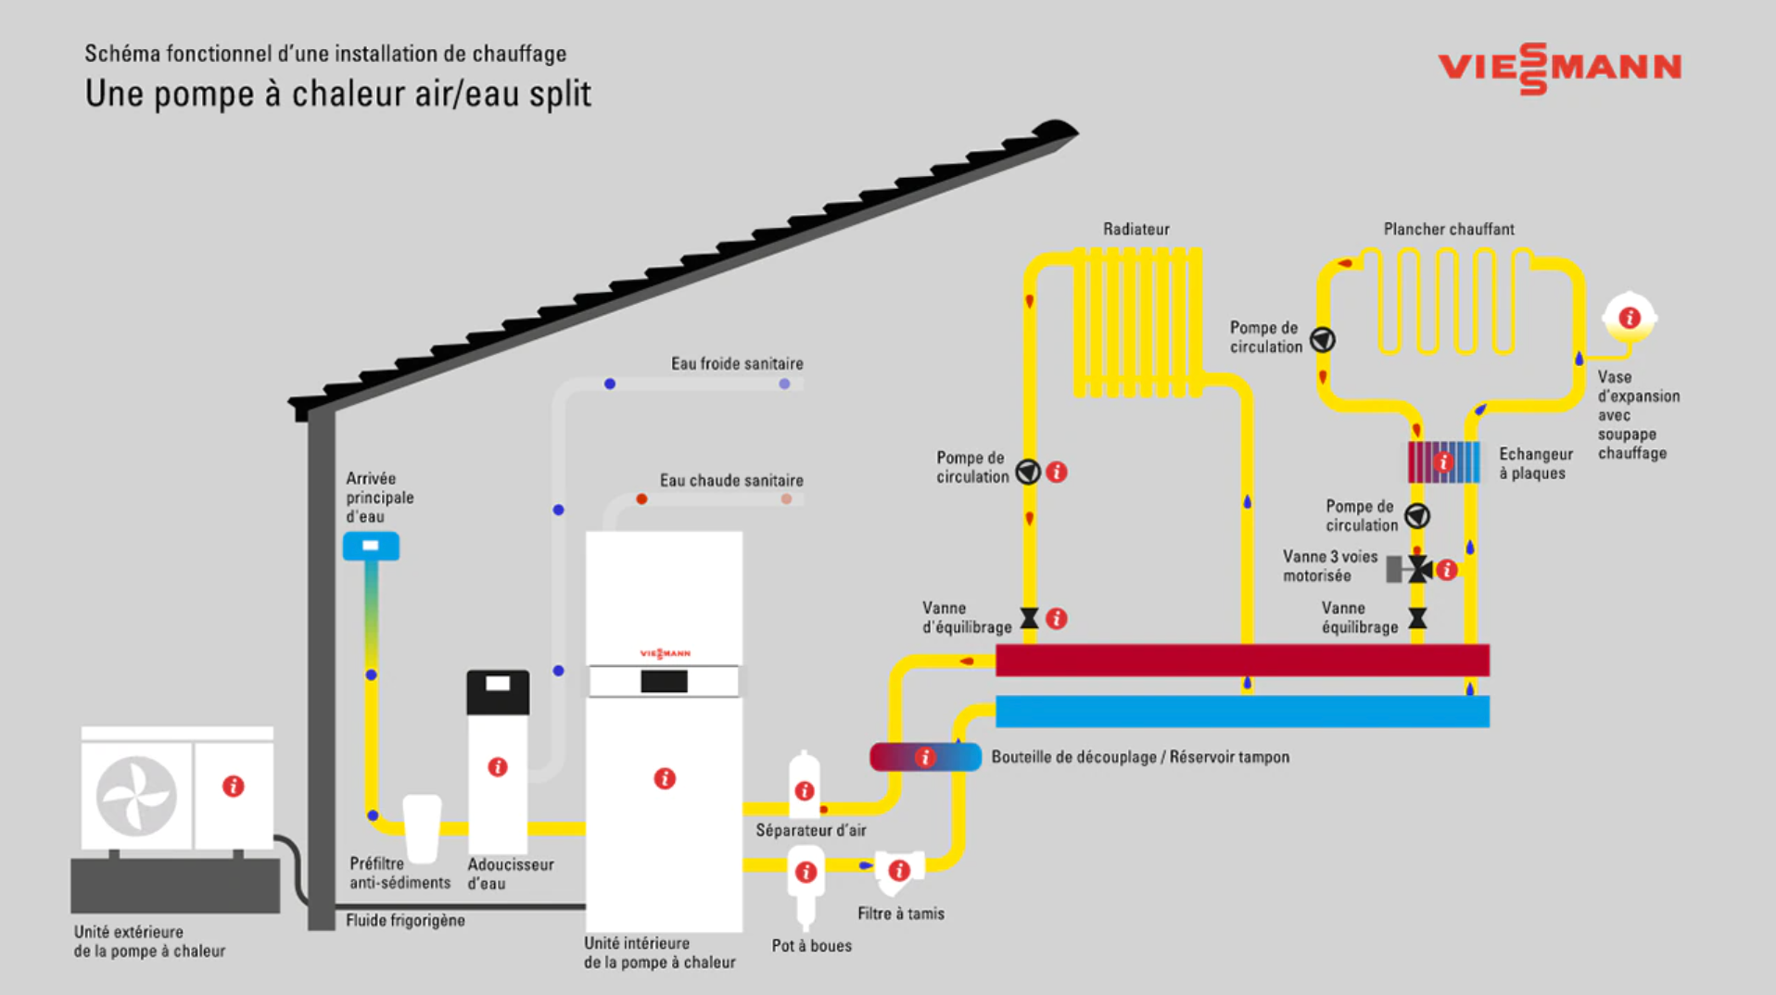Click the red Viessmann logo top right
click(1559, 68)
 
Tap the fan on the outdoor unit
click(136, 796)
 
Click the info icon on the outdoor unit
click(234, 787)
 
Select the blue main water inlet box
click(371, 546)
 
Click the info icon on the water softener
click(498, 767)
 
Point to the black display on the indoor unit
click(664, 682)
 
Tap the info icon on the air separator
click(805, 791)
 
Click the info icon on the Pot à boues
click(806, 872)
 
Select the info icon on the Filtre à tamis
click(899, 870)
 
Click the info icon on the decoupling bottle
click(925, 758)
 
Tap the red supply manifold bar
click(1242, 661)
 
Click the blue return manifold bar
click(1242, 712)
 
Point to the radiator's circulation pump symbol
click(1028, 472)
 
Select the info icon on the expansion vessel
click(1630, 319)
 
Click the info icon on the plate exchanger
click(1443, 461)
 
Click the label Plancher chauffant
click(1449, 229)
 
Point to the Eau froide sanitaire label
click(737, 364)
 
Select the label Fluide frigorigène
click(405, 921)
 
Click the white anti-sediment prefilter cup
click(422, 827)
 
